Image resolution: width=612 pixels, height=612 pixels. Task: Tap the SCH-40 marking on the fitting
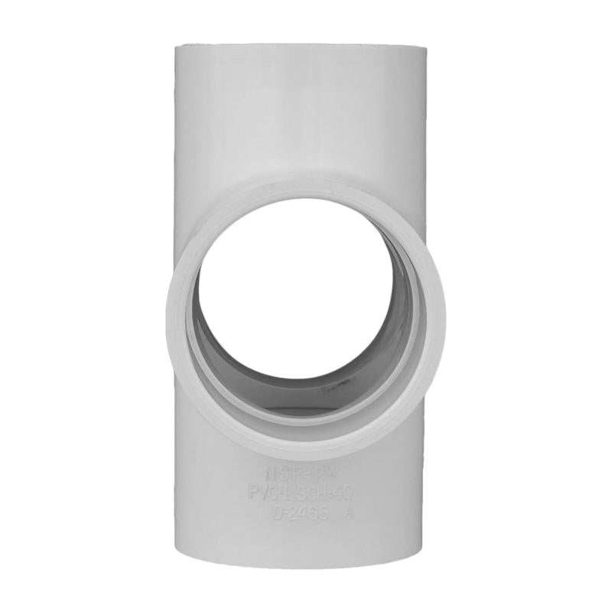[324, 494]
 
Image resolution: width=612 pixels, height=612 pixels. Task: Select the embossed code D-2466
[301, 513]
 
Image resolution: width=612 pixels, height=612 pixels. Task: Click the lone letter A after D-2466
[350, 513]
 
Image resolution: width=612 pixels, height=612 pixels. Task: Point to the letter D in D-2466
[277, 513]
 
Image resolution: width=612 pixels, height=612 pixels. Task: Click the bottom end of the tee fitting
[300, 562]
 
